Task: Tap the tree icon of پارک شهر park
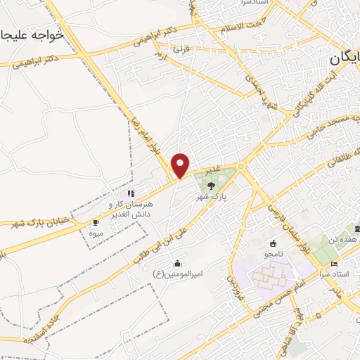[x=211, y=184]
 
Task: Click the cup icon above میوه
[x=96, y=222]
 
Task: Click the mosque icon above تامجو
[x=273, y=243]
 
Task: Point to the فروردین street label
[x=231, y=285]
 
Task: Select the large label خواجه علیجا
[x=31, y=34]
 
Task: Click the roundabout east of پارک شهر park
[x=241, y=167]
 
